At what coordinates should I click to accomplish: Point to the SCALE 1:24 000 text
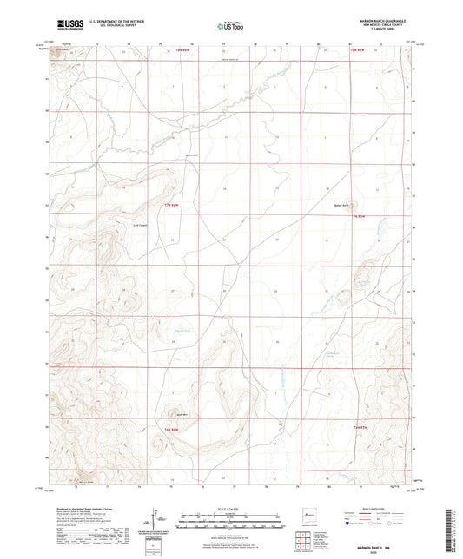point(231,507)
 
